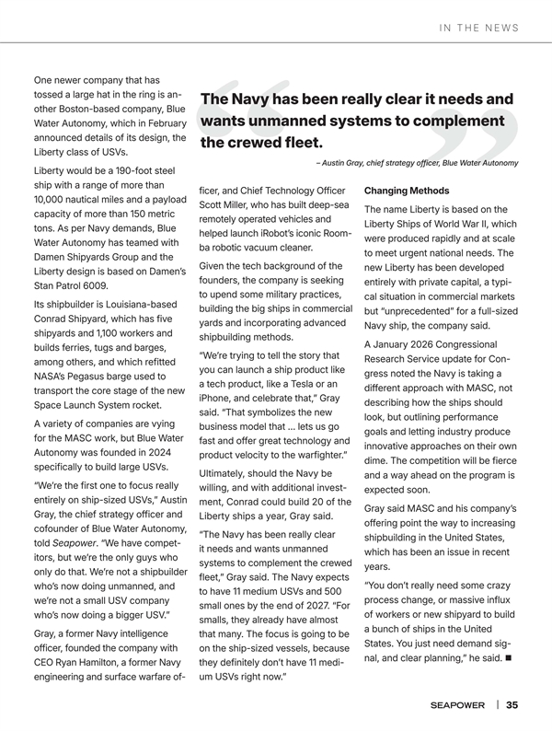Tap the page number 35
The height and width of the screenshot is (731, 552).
click(512, 705)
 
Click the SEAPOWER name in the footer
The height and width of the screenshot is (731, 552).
click(460, 705)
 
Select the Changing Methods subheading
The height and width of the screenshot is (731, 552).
click(407, 191)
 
